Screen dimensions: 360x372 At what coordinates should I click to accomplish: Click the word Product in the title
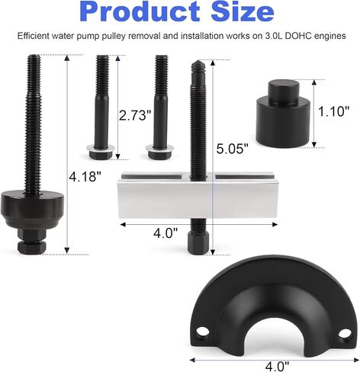pyautogui.click(x=140, y=12)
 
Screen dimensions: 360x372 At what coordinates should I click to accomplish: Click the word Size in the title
pyautogui.click(x=243, y=11)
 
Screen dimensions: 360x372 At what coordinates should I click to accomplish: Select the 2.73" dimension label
pyautogui.click(x=135, y=115)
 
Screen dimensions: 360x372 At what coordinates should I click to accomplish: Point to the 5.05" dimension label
pyautogui.click(x=232, y=149)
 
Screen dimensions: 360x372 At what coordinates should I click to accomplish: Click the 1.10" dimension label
pyautogui.click(x=334, y=111)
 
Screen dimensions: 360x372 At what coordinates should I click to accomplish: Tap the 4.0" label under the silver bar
pyautogui.click(x=166, y=232)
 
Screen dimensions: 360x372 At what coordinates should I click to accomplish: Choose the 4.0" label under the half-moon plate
pyautogui.click(x=277, y=366)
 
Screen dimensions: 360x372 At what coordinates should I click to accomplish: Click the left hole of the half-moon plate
pyautogui.click(x=203, y=331)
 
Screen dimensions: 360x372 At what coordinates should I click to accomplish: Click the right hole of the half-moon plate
pyautogui.click(x=345, y=333)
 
